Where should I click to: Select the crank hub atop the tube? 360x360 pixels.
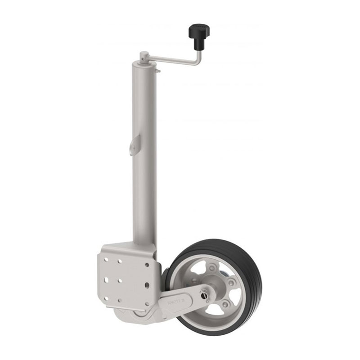[143, 57]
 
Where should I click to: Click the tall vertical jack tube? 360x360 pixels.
[144, 157]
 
